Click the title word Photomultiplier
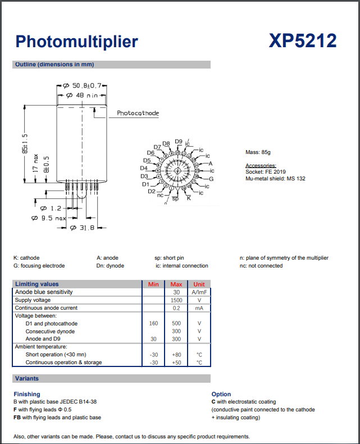point(76,42)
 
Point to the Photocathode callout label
point(138,114)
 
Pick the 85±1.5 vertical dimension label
point(24,143)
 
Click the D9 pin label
point(179,141)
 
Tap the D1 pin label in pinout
point(145,184)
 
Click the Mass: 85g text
point(258,152)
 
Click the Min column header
point(153,284)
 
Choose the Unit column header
point(199,284)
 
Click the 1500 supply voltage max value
point(176,300)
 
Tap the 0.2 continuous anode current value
point(176,308)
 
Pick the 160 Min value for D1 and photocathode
point(153,324)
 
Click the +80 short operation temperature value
point(176,355)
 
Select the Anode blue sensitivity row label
point(44,292)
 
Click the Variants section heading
point(27,379)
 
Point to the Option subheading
point(221,394)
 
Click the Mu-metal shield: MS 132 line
point(275,179)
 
